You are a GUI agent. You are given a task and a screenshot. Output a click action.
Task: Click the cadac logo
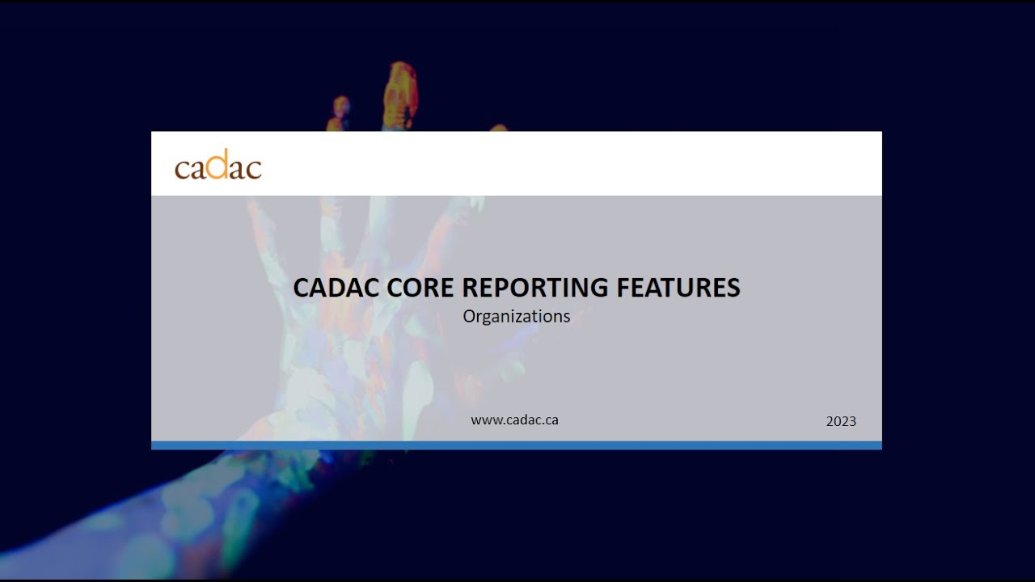tap(218, 165)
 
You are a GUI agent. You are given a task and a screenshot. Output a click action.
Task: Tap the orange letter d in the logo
tap(217, 163)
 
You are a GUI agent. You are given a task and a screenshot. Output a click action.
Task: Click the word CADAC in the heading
tap(332, 288)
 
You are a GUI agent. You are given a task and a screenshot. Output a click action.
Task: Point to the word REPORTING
tap(539, 288)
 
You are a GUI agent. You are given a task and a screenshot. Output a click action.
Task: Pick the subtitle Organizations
tap(516, 316)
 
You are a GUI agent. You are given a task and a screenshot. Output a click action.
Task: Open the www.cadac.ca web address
tap(514, 420)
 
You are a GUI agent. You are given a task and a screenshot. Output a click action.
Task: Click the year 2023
tap(841, 421)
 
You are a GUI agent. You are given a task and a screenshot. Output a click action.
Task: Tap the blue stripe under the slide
tap(516, 445)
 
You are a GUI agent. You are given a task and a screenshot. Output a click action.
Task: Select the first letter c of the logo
tap(182, 168)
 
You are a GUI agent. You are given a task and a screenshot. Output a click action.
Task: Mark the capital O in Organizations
tap(469, 316)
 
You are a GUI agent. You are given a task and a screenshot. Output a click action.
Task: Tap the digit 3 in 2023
tap(852, 421)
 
